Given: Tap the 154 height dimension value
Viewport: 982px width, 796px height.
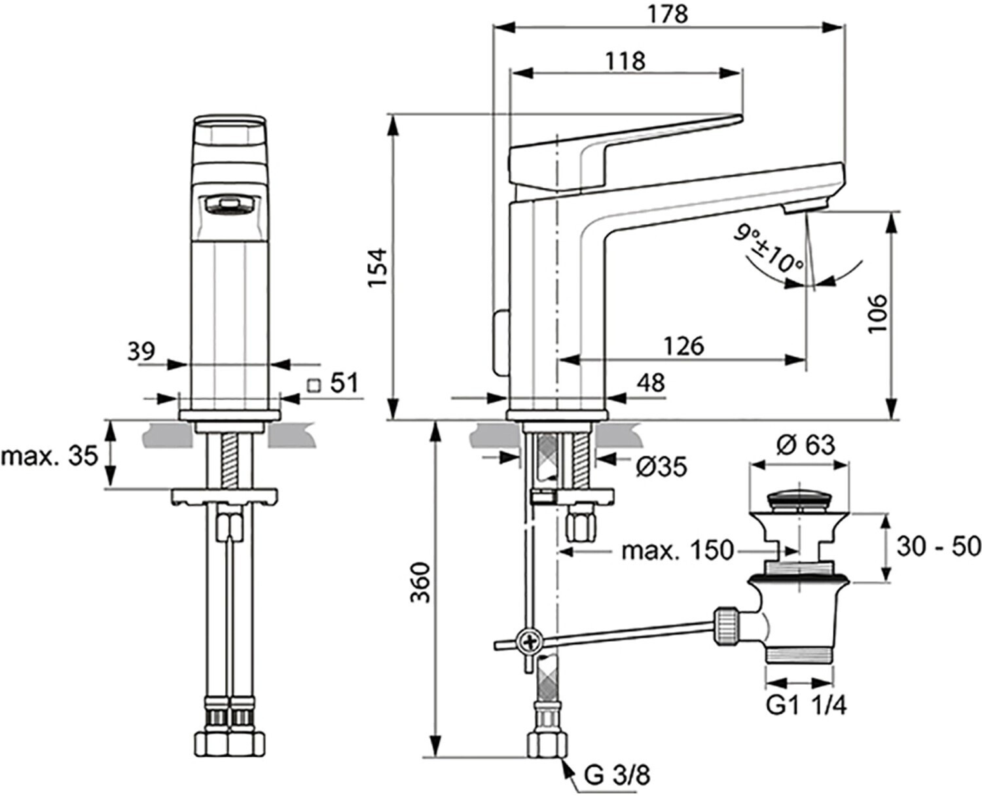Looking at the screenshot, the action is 377,268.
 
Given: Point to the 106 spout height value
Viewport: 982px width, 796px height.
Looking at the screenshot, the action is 877,314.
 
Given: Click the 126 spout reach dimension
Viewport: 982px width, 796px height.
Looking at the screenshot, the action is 683,346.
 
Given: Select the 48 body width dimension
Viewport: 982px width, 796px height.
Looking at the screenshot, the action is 651,383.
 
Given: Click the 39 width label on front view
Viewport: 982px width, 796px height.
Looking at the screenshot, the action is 141,352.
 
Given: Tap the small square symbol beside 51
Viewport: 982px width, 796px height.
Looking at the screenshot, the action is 314,385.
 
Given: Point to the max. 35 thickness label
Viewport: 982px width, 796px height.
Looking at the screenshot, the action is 50,456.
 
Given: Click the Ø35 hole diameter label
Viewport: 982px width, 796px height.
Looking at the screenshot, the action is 661,467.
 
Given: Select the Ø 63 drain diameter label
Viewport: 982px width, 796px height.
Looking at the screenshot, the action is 805,445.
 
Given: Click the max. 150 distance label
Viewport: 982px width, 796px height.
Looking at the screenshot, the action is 678,551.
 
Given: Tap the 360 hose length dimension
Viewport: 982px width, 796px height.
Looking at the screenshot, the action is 420,583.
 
